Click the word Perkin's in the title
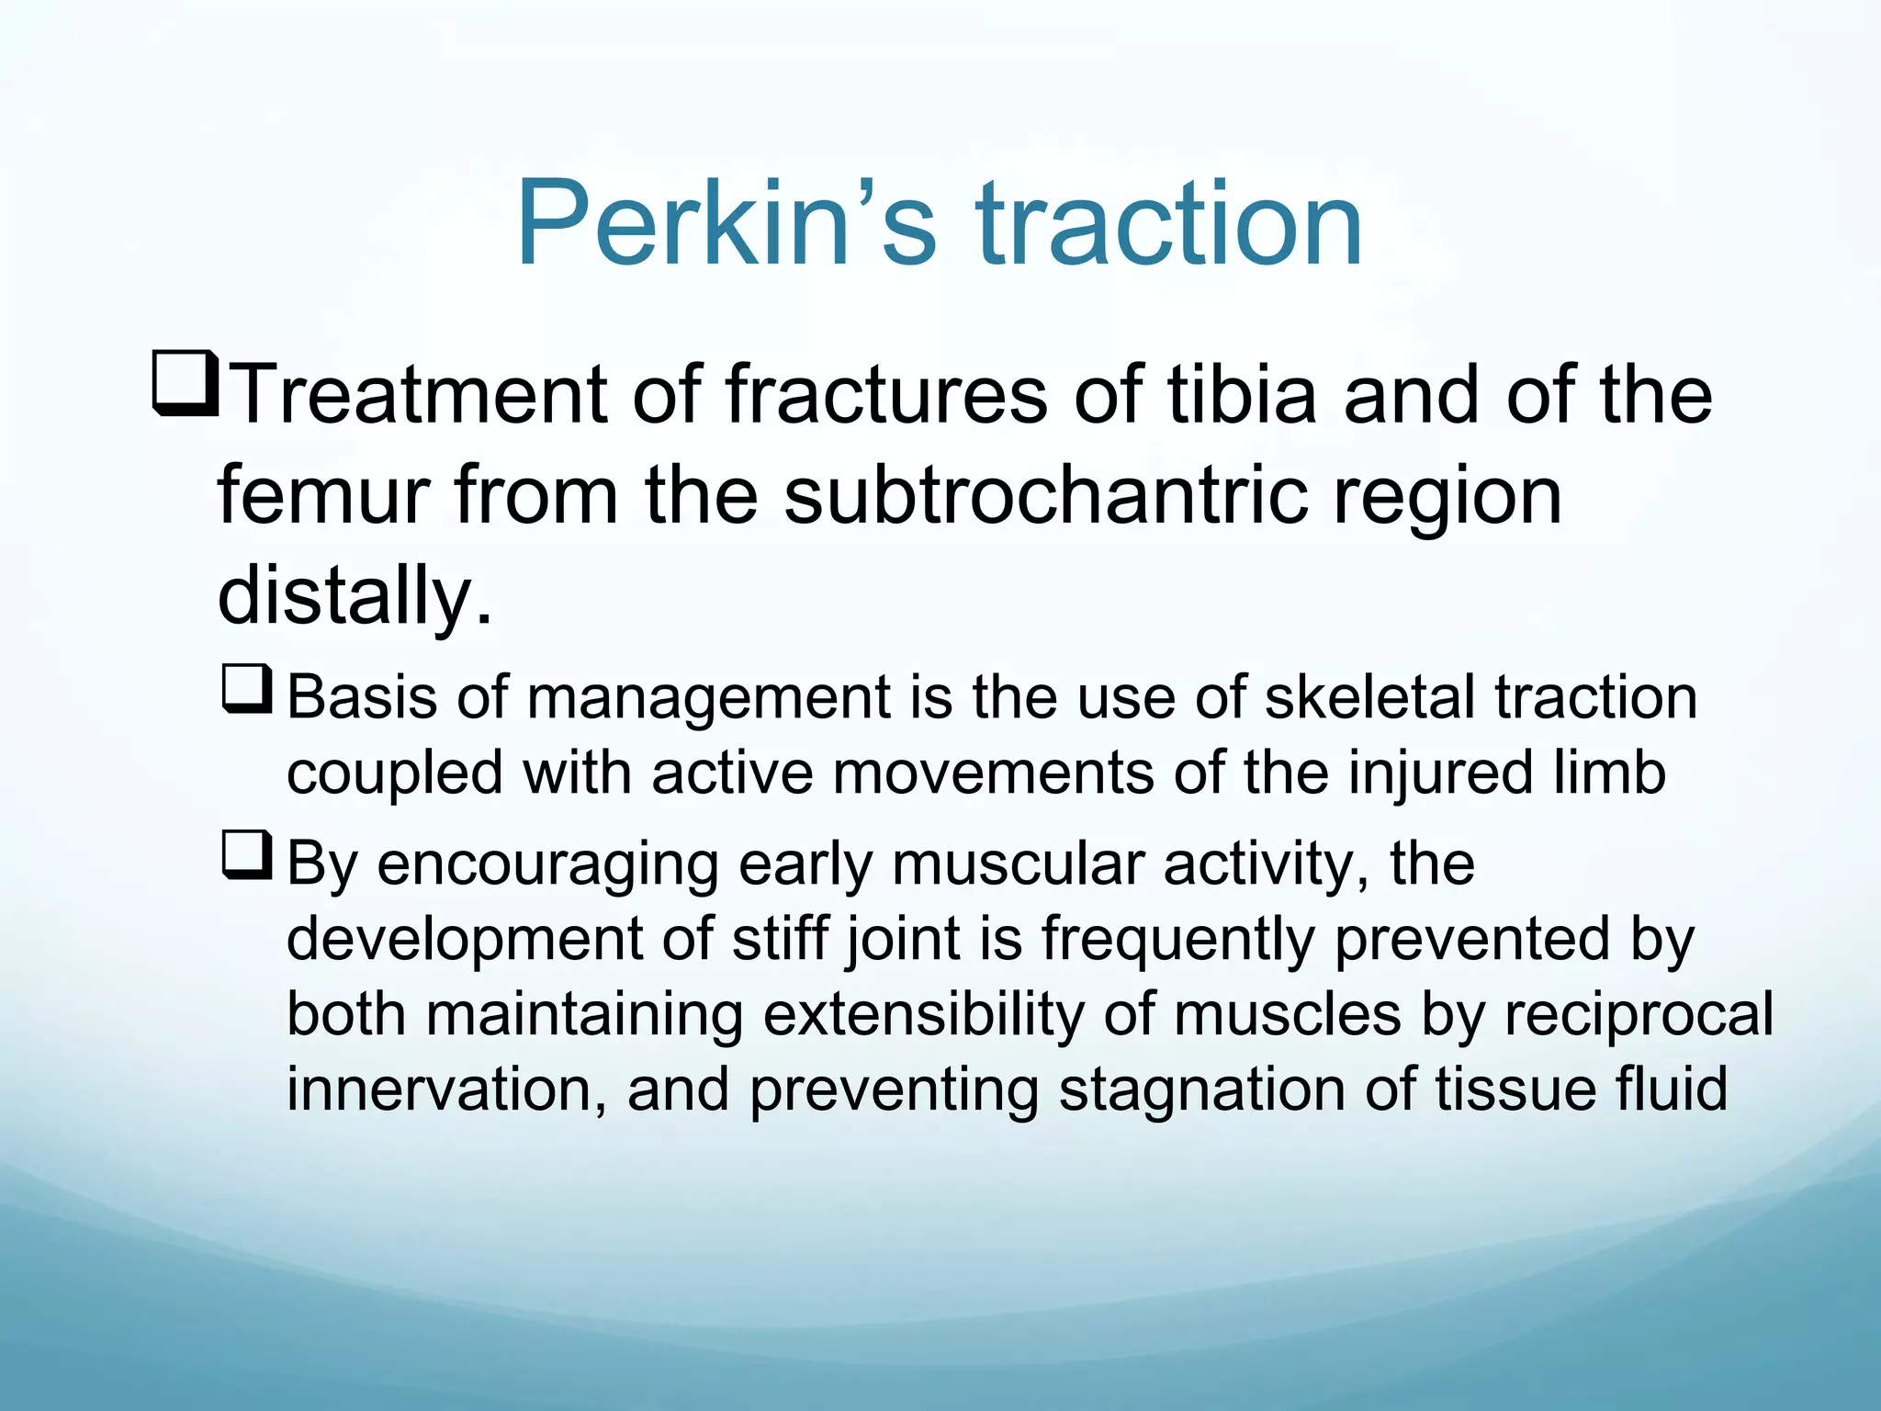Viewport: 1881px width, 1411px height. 726,223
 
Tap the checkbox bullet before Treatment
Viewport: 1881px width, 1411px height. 185,383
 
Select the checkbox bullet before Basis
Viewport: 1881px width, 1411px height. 246,689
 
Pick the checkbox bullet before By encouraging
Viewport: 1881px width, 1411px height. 246,855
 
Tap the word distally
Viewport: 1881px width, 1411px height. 355,595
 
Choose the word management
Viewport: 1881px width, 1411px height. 708,699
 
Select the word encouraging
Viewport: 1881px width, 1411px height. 548,865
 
